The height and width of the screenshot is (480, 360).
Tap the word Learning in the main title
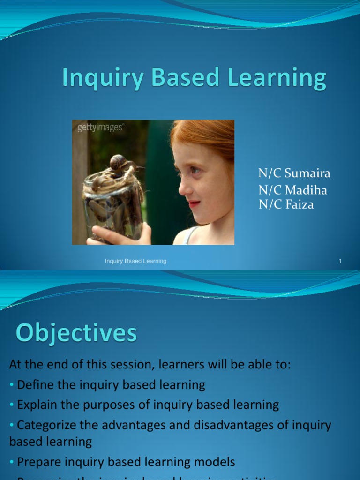tap(277, 78)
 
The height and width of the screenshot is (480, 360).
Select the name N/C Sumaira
tap(294, 173)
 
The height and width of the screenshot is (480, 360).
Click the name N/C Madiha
tap(292, 190)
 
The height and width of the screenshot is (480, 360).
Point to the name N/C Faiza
tap(286, 204)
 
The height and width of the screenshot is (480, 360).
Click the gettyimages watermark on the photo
tap(100, 127)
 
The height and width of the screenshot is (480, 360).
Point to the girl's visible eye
tap(195, 170)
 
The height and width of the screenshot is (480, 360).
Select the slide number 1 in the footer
tap(340, 261)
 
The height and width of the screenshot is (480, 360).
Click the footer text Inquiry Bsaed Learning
tap(135, 261)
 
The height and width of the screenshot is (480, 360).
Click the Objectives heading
tap(76, 334)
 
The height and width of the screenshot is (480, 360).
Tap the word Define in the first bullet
tap(34, 385)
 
